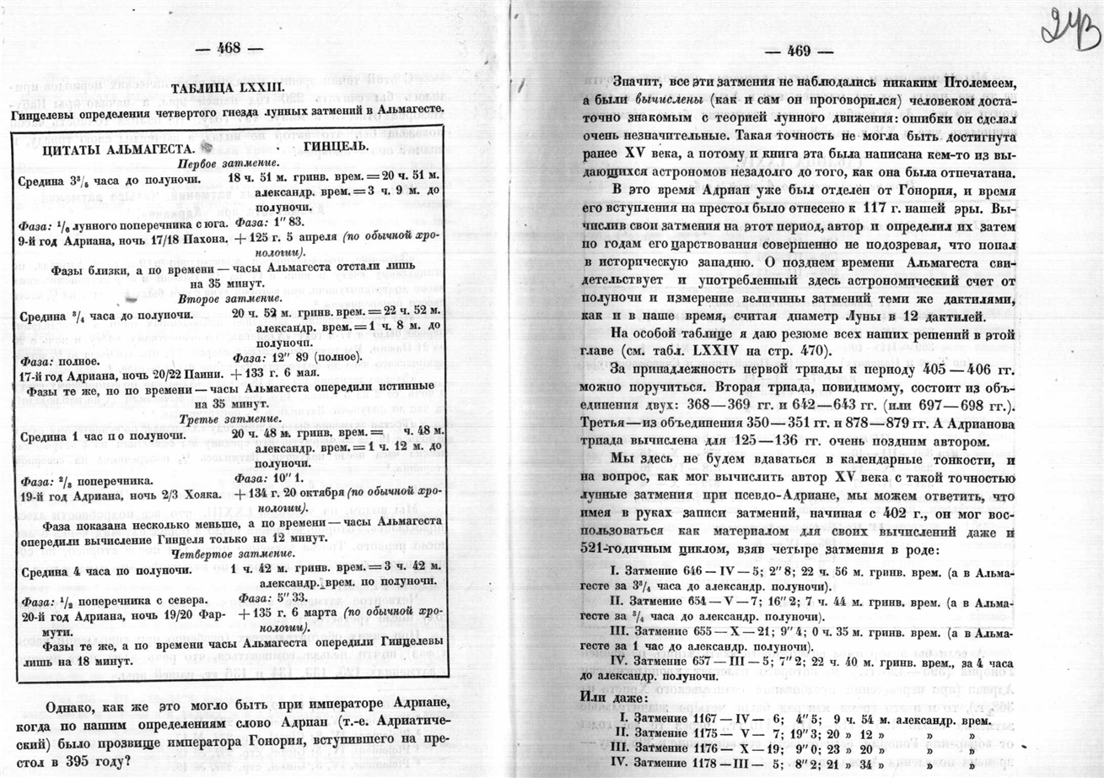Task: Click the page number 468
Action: point(229,49)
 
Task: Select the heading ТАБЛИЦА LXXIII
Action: point(226,90)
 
